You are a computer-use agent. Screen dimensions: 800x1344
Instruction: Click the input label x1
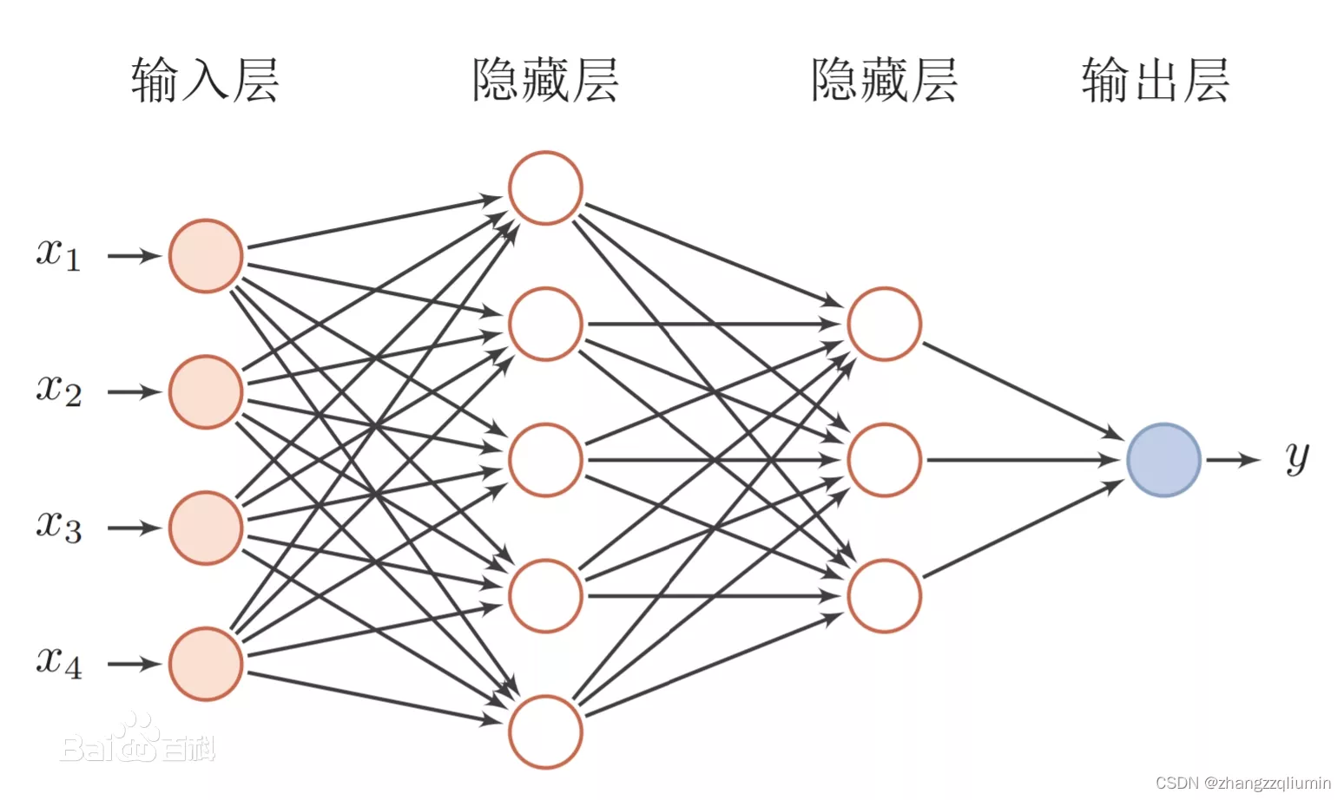point(59,254)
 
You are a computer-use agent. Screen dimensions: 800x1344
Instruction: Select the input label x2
point(59,390)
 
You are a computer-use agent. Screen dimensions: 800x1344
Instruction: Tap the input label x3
point(59,527)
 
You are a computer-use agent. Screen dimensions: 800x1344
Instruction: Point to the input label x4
point(59,662)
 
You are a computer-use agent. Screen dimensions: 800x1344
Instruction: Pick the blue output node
point(1163,460)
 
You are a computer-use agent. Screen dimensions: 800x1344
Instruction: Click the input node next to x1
point(206,256)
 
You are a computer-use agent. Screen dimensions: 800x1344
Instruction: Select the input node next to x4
point(206,664)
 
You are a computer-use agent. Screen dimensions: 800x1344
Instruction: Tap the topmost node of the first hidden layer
point(545,188)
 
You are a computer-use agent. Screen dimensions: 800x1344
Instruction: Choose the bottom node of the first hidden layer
point(545,731)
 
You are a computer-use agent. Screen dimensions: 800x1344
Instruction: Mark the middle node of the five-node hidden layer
point(545,460)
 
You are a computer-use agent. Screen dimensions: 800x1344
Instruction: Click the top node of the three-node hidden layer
point(884,324)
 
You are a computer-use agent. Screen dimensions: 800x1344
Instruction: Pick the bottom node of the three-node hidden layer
point(884,596)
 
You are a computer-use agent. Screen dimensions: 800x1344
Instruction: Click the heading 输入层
point(205,81)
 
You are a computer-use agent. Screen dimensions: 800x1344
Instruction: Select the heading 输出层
point(1155,81)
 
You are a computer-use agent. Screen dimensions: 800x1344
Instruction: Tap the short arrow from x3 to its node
point(135,528)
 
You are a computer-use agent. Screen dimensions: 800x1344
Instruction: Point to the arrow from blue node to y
point(1232,460)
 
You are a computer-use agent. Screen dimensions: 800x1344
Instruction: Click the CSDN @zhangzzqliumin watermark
point(1242,783)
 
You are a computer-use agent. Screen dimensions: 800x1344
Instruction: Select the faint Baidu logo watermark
point(137,742)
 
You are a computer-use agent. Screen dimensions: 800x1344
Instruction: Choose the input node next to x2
point(206,392)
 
